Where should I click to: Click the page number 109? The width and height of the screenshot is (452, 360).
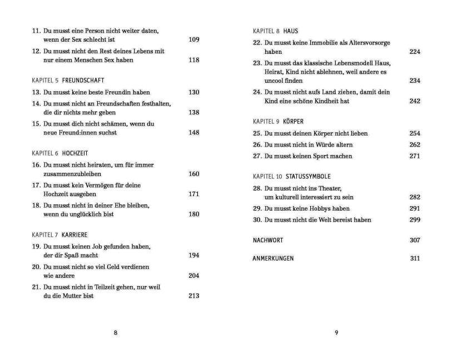pos(193,40)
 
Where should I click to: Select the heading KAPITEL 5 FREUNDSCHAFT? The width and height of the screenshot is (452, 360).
pos(68,81)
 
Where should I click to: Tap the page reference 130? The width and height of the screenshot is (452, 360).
pos(193,92)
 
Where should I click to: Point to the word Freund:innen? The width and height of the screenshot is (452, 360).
pos(80,133)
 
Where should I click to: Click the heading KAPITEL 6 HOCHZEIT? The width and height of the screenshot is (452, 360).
pos(60,153)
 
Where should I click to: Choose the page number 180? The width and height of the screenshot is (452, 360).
pos(193,214)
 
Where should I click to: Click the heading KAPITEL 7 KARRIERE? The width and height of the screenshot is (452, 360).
pos(59,235)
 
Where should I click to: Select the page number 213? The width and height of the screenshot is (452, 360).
pos(193,296)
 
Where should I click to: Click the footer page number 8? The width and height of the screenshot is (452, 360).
pos(115,333)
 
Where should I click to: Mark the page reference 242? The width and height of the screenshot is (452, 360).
pos(415,101)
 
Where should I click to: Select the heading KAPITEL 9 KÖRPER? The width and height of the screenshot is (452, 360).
pos(278,121)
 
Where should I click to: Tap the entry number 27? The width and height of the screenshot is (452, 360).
pos(257,156)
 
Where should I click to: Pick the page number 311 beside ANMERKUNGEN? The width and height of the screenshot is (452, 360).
pos(415,258)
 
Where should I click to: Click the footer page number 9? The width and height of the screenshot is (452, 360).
pos(336,333)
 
